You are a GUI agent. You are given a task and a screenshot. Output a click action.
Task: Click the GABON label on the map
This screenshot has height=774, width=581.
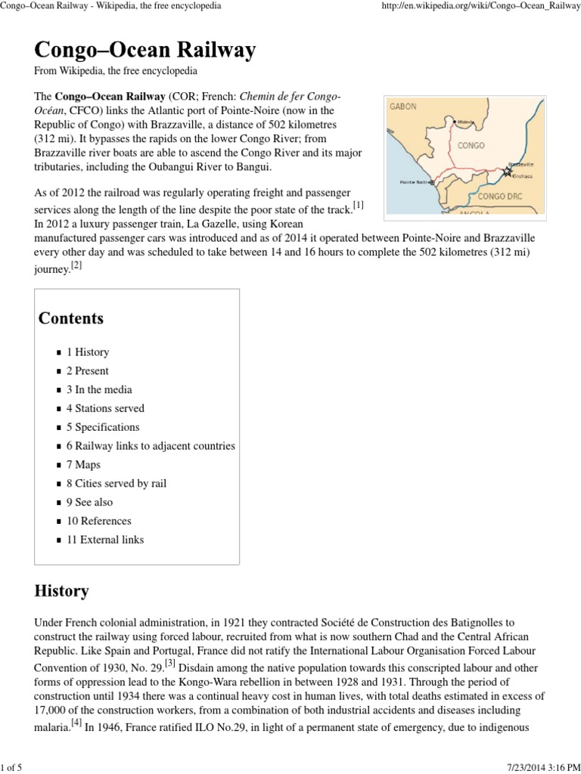[x=403, y=107]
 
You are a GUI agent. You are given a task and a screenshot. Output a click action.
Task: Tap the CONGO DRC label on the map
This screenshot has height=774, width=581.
[x=500, y=197]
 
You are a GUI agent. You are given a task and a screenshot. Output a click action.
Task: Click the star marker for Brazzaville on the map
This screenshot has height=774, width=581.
[x=508, y=172]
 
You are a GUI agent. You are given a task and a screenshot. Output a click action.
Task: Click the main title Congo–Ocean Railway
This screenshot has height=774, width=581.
[x=145, y=51]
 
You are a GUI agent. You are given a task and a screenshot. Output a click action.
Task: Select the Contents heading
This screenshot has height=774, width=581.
[x=71, y=318]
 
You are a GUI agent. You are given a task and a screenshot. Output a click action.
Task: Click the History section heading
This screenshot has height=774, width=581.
[x=61, y=590]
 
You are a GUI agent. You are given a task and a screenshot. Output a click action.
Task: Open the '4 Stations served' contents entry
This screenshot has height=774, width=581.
[x=105, y=408]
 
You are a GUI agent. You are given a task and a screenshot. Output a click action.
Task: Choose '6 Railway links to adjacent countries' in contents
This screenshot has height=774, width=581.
[x=151, y=446]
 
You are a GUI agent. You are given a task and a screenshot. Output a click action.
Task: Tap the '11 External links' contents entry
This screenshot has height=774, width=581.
[x=104, y=540]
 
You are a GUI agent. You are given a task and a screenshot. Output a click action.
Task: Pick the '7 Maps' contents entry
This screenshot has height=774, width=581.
[x=83, y=465]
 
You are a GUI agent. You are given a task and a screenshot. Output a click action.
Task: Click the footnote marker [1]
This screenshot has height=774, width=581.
[x=359, y=205]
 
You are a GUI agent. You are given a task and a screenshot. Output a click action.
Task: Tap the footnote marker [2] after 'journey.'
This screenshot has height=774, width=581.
[x=76, y=265]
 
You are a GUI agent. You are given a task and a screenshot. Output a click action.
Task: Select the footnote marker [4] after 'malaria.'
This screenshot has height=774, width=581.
[x=77, y=722]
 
